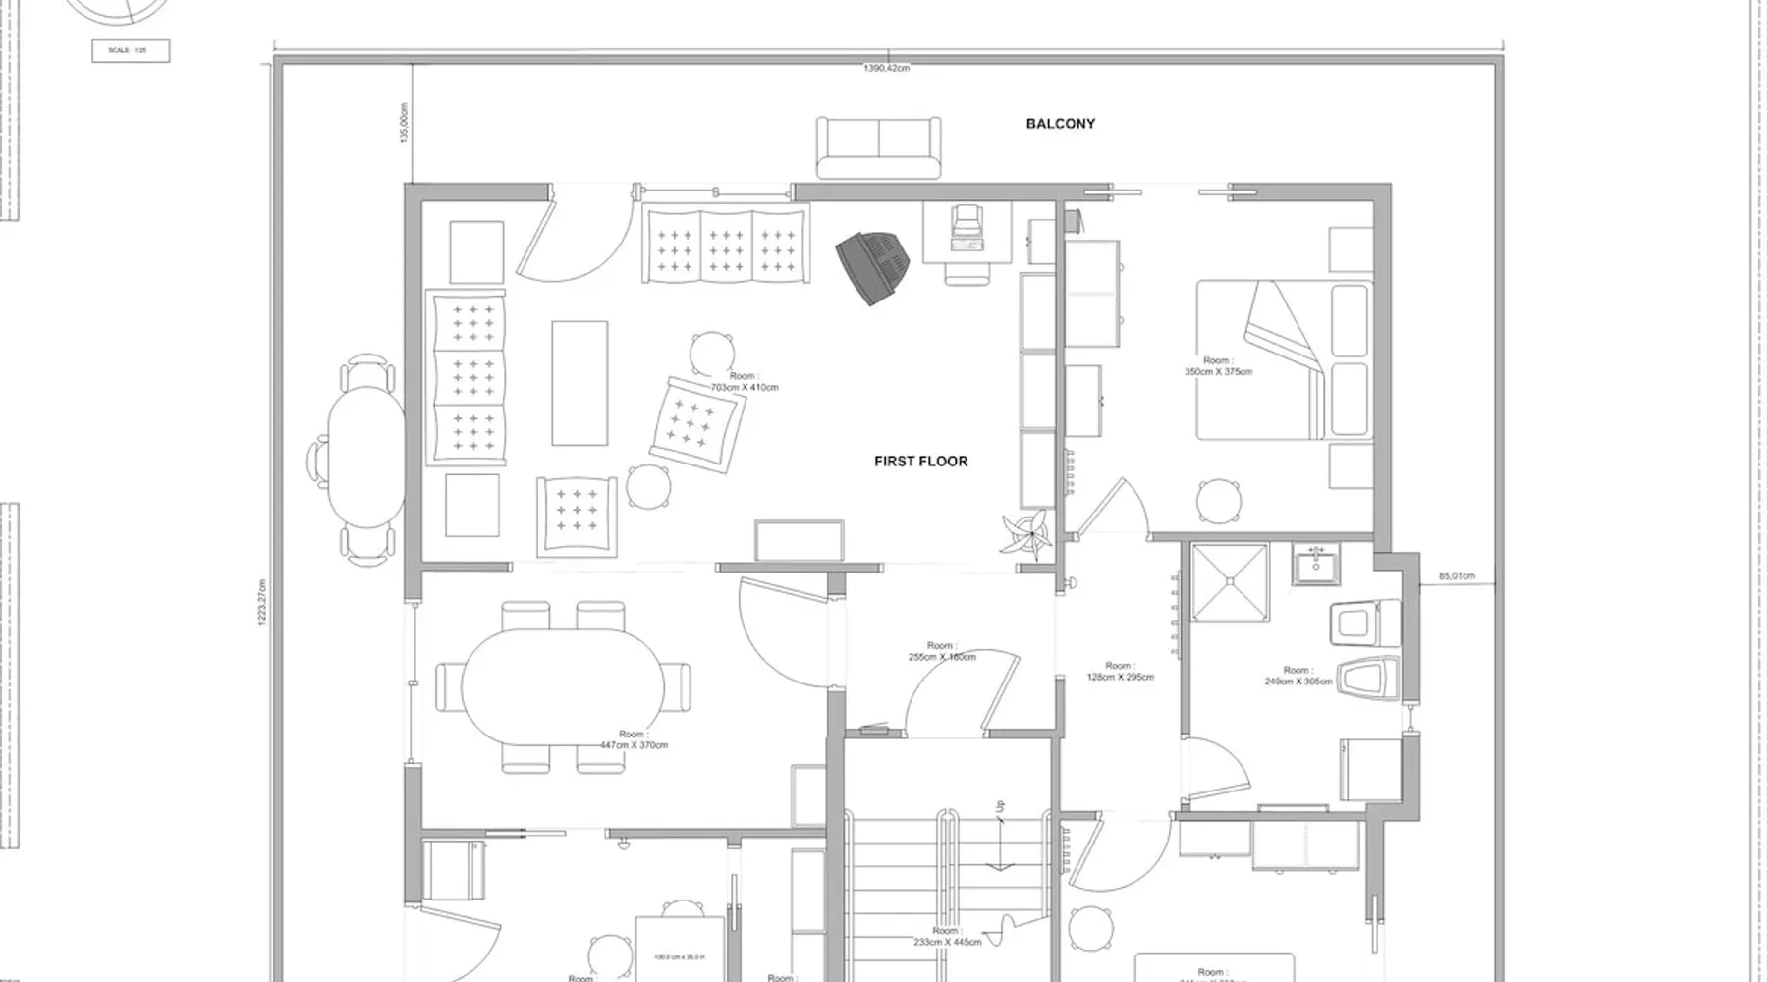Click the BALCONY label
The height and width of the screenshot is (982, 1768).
click(1060, 124)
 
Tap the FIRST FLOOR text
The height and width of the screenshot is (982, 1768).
click(920, 461)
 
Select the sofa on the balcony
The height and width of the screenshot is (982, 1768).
click(878, 147)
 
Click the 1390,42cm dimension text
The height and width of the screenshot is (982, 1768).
click(886, 68)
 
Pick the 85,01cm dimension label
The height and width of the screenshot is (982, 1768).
click(1457, 576)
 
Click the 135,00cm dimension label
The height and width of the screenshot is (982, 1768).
click(404, 124)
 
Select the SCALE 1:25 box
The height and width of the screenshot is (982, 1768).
click(131, 50)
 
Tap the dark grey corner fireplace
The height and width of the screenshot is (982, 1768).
click(873, 266)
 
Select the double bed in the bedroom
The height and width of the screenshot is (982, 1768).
click(1283, 359)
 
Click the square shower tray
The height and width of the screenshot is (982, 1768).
click(1230, 582)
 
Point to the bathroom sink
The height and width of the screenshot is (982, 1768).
click(1316, 566)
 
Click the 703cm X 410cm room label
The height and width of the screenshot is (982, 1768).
click(744, 382)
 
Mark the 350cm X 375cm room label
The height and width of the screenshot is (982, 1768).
click(1218, 366)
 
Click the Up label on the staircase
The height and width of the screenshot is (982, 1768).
click(1000, 807)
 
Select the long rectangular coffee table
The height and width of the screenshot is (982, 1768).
click(580, 383)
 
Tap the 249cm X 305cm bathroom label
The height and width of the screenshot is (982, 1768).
click(1298, 676)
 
